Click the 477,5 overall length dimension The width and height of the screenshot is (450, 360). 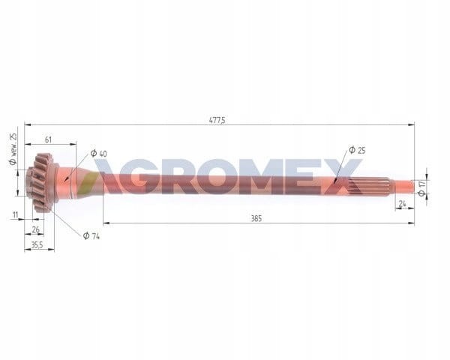[x=217, y=120]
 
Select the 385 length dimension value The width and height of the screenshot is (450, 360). [x=256, y=219]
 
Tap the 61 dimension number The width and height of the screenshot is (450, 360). [x=48, y=139]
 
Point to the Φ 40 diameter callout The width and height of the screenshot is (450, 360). [x=99, y=154]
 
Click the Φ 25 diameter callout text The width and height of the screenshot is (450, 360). [x=357, y=150]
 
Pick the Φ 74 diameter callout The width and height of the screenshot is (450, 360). [x=91, y=235]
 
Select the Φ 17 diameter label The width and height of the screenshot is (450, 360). [x=421, y=188]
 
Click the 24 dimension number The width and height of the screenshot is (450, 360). [x=402, y=203]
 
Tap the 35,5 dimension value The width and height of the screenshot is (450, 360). [x=37, y=245]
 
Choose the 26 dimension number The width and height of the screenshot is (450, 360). [x=35, y=229]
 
